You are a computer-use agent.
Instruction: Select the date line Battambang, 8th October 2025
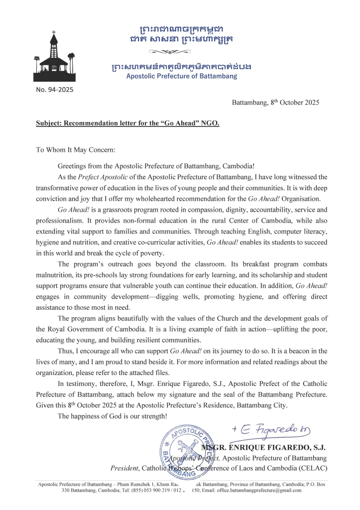pos(275,103)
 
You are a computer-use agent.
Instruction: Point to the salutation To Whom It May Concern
pos(75,149)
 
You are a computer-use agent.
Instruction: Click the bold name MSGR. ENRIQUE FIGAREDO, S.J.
pos(264,447)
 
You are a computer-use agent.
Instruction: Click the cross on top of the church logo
pos(53,34)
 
